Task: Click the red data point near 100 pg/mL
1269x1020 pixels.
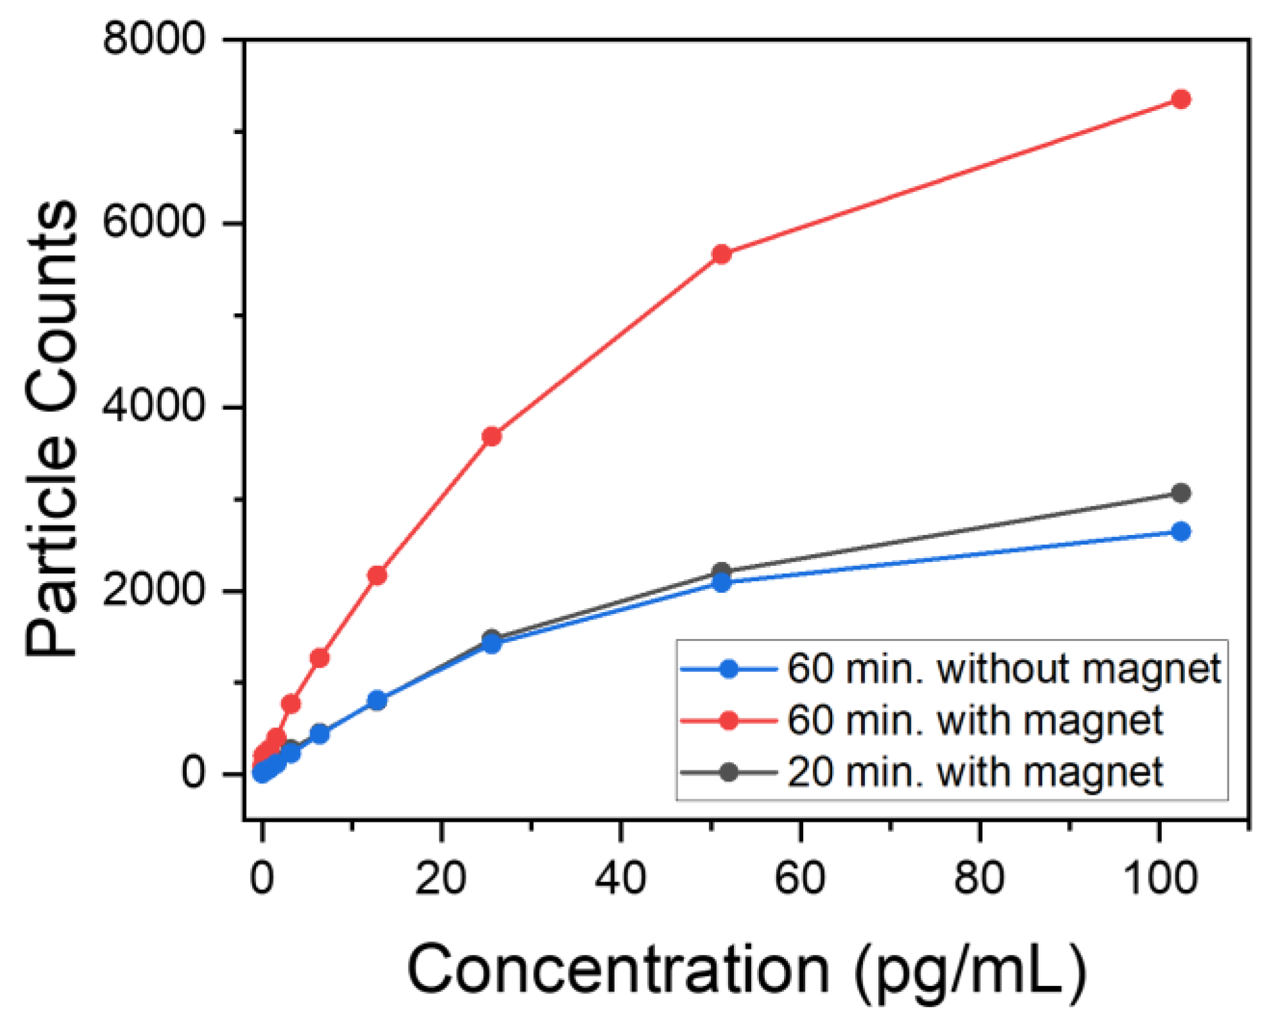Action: (x=1180, y=99)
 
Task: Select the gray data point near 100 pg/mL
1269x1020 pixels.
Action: (x=1180, y=493)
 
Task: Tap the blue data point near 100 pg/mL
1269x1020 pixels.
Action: (x=1180, y=531)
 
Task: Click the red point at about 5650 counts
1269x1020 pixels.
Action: (x=722, y=254)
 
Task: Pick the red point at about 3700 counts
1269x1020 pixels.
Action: (x=491, y=436)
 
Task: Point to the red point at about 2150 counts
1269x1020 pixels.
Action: (x=377, y=575)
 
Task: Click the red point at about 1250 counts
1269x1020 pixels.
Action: (x=319, y=658)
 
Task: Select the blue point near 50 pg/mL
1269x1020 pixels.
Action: (x=722, y=582)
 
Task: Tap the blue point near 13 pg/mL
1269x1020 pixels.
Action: (x=377, y=701)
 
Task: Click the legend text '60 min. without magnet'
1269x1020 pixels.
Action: (x=1003, y=668)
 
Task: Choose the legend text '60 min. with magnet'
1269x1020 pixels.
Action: (x=975, y=720)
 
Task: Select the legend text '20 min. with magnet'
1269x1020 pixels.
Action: (x=975, y=771)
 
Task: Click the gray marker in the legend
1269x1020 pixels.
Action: (x=729, y=771)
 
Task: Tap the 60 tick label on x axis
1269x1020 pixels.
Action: (x=799, y=878)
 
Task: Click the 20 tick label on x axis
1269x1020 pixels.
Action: (x=440, y=878)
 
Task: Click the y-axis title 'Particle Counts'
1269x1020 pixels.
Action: (x=51, y=429)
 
